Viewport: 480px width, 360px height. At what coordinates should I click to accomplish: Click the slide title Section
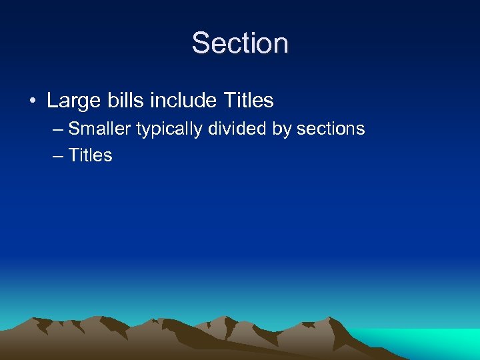(x=240, y=44)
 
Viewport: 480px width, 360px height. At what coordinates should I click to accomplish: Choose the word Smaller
(x=100, y=129)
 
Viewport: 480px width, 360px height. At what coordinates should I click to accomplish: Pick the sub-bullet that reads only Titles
(x=91, y=155)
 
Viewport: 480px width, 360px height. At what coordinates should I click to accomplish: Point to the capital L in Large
(x=52, y=101)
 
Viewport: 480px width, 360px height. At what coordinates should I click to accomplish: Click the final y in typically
(x=199, y=131)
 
